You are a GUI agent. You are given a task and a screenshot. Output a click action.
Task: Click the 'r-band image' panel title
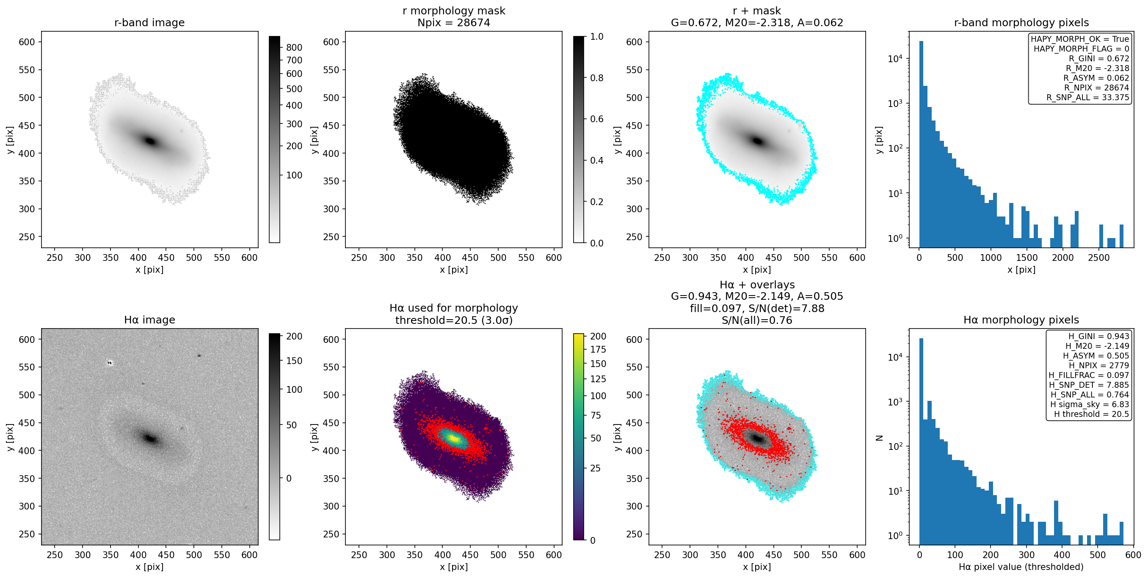coord(149,23)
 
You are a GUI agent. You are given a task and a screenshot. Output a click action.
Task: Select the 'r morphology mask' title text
coord(454,11)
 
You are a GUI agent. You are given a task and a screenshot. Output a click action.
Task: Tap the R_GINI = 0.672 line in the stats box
coord(1099,58)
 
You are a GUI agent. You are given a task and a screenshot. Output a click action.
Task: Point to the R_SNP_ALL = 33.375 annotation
coord(1088,98)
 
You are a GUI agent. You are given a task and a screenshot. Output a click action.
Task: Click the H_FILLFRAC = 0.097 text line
coord(1089,375)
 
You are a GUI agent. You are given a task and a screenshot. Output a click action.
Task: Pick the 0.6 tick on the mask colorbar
coord(597,119)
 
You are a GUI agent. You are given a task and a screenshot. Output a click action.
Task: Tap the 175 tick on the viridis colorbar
coord(598,349)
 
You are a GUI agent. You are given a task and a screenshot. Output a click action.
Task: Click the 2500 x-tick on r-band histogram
coord(1099,257)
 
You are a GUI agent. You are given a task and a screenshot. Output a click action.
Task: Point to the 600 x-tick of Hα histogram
coord(1133,555)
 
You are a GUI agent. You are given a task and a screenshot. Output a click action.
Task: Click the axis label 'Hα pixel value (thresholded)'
coord(1021,567)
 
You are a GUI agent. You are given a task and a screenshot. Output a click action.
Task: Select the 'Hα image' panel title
coord(149,320)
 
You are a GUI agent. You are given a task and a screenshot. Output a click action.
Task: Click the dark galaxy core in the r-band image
coord(150,141)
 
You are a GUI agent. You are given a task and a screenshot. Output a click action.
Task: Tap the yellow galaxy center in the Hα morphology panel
coord(454,438)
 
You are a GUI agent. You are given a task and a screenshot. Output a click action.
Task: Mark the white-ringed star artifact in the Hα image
coord(110,363)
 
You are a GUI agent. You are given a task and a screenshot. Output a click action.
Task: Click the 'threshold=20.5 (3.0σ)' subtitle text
coord(454,320)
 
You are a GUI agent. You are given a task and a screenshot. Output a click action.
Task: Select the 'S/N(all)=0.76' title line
coord(757,320)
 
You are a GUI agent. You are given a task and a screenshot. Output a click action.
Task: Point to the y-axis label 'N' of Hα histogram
coord(879,438)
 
